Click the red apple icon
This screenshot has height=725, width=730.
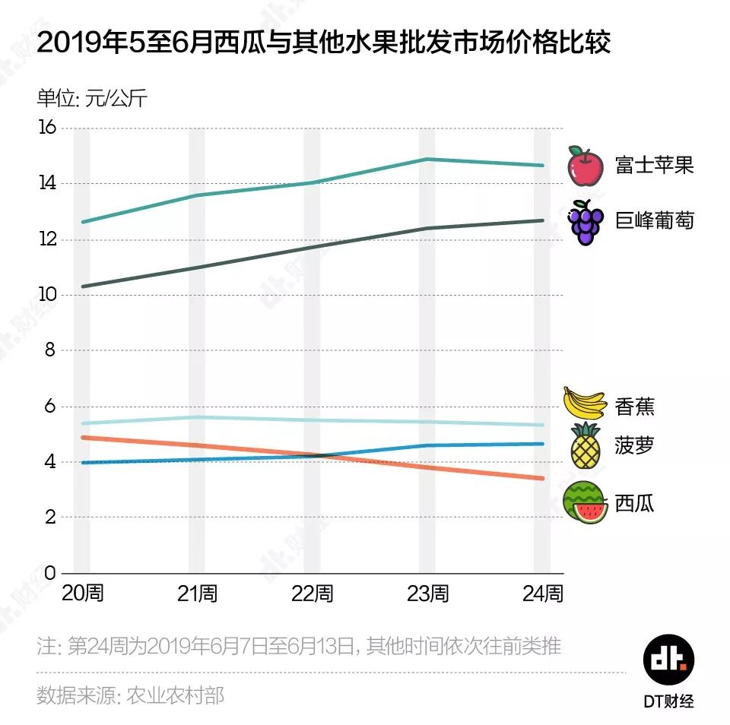(x=586, y=166)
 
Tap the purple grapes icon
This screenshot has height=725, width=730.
(x=586, y=222)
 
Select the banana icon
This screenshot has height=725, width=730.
(x=584, y=404)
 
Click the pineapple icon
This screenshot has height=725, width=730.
(x=586, y=446)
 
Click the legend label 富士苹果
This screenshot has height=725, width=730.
(x=654, y=166)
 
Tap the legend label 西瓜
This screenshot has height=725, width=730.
(x=634, y=503)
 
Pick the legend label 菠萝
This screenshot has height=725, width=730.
(x=634, y=445)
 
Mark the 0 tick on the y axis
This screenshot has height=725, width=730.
(x=51, y=573)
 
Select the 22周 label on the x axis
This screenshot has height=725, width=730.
(x=312, y=594)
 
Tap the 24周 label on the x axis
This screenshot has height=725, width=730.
(x=543, y=594)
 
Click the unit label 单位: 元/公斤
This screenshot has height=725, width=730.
(x=92, y=99)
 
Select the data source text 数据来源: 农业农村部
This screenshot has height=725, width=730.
(x=131, y=695)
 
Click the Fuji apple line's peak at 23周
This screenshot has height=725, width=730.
(x=427, y=159)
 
